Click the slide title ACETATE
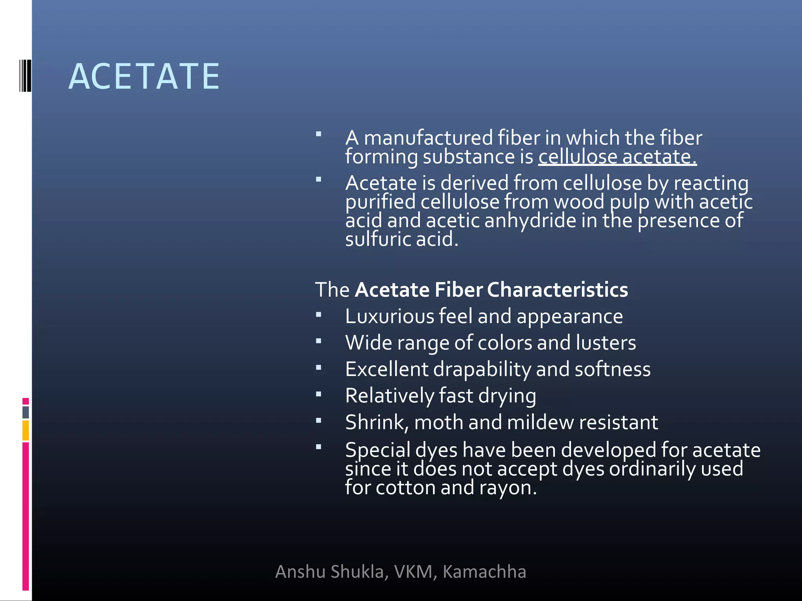pos(144,77)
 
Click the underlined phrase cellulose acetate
pos(617,157)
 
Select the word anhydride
pos(530,220)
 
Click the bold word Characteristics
pos(557,290)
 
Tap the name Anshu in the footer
pos(301,572)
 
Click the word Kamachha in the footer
pos(484,572)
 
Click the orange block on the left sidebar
pos(25,430)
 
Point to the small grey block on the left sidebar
pos(25,412)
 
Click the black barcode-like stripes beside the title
pos(25,76)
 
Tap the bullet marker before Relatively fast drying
pos(318,394)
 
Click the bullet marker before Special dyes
pos(318,446)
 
